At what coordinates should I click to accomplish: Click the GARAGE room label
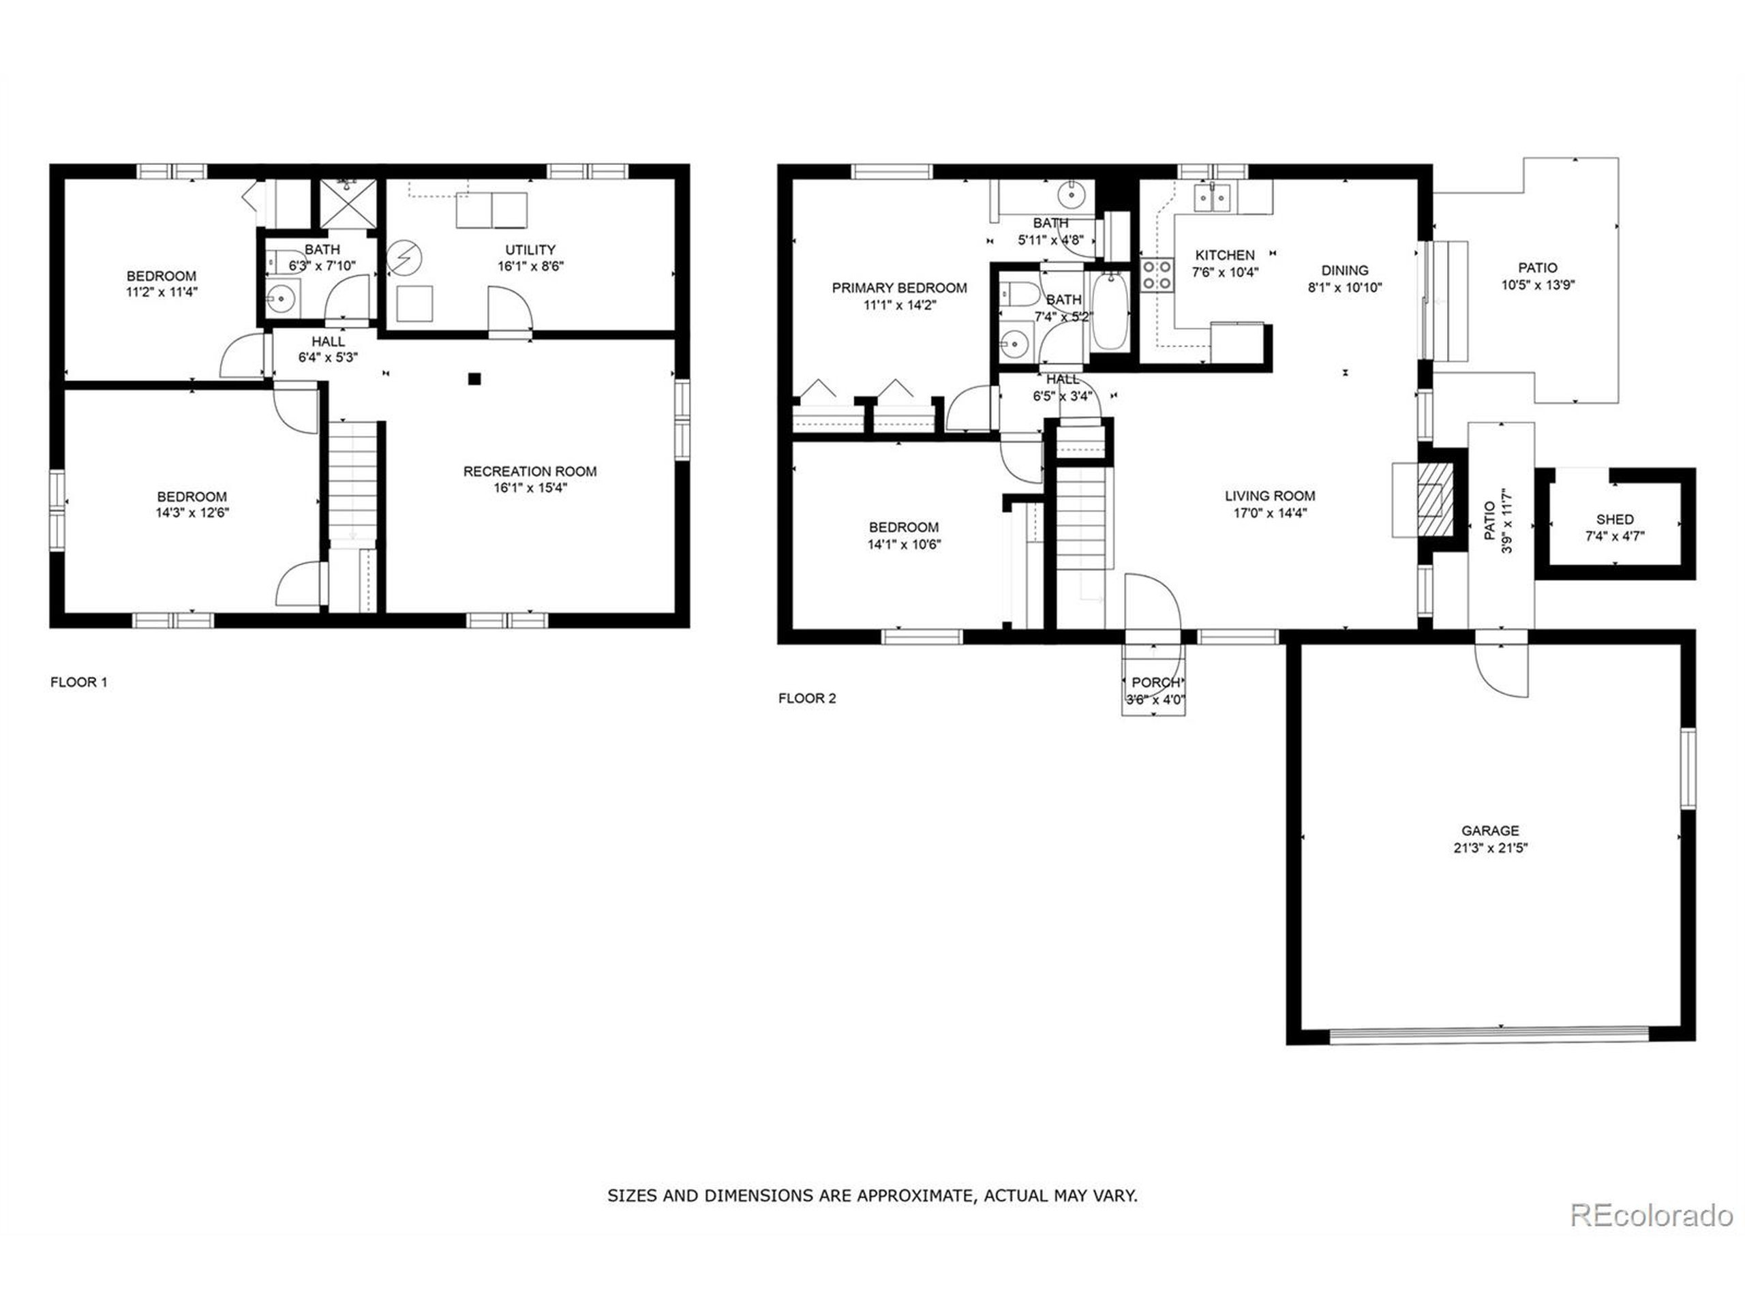[1489, 831]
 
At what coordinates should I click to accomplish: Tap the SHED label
[1614, 520]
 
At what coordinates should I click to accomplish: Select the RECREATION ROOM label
[530, 471]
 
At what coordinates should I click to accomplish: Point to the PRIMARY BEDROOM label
[898, 288]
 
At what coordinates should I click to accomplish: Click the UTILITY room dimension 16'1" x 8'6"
[530, 267]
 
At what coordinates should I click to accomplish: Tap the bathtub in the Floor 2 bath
[1109, 311]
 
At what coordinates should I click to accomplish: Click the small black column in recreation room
[474, 379]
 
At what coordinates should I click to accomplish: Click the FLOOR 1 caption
[79, 682]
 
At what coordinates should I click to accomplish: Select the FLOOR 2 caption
[807, 698]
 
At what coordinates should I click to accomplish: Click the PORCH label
[1155, 682]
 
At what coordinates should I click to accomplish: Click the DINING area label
[1344, 271]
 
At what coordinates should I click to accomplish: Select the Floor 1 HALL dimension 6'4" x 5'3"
[328, 357]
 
